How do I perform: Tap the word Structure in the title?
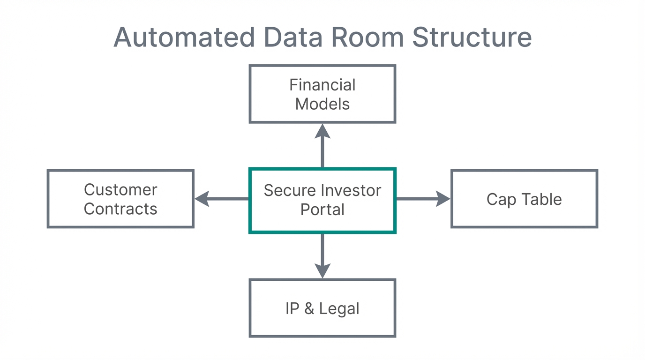click(x=472, y=37)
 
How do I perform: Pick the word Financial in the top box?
click(x=322, y=85)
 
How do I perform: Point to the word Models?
click(x=322, y=104)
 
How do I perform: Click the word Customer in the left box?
click(x=120, y=190)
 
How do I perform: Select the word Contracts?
click(x=120, y=209)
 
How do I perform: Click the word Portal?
click(x=322, y=210)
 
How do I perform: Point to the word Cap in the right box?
click(x=501, y=200)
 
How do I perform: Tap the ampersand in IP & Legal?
click(x=309, y=309)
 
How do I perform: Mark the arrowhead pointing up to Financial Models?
click(x=322, y=131)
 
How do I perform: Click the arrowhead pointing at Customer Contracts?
click(x=202, y=199)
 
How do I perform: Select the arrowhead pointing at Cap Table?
click(x=442, y=199)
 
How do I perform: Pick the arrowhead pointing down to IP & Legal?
click(x=322, y=270)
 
